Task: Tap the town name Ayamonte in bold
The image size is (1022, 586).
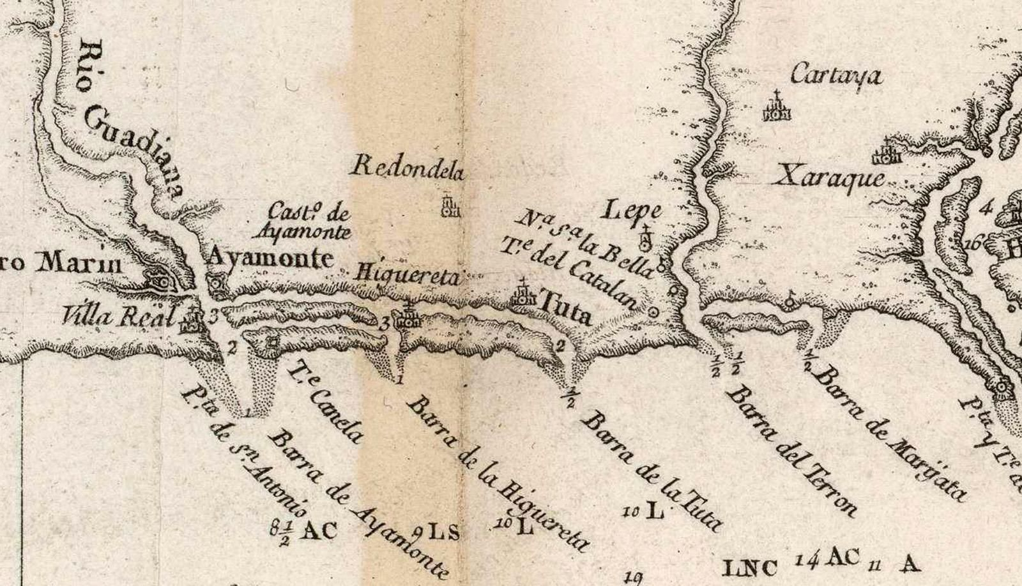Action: click(x=271, y=258)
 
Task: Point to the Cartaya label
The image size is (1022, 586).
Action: click(x=836, y=76)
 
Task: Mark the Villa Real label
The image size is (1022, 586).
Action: click(x=119, y=315)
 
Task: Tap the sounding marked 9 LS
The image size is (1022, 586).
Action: click(x=438, y=531)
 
